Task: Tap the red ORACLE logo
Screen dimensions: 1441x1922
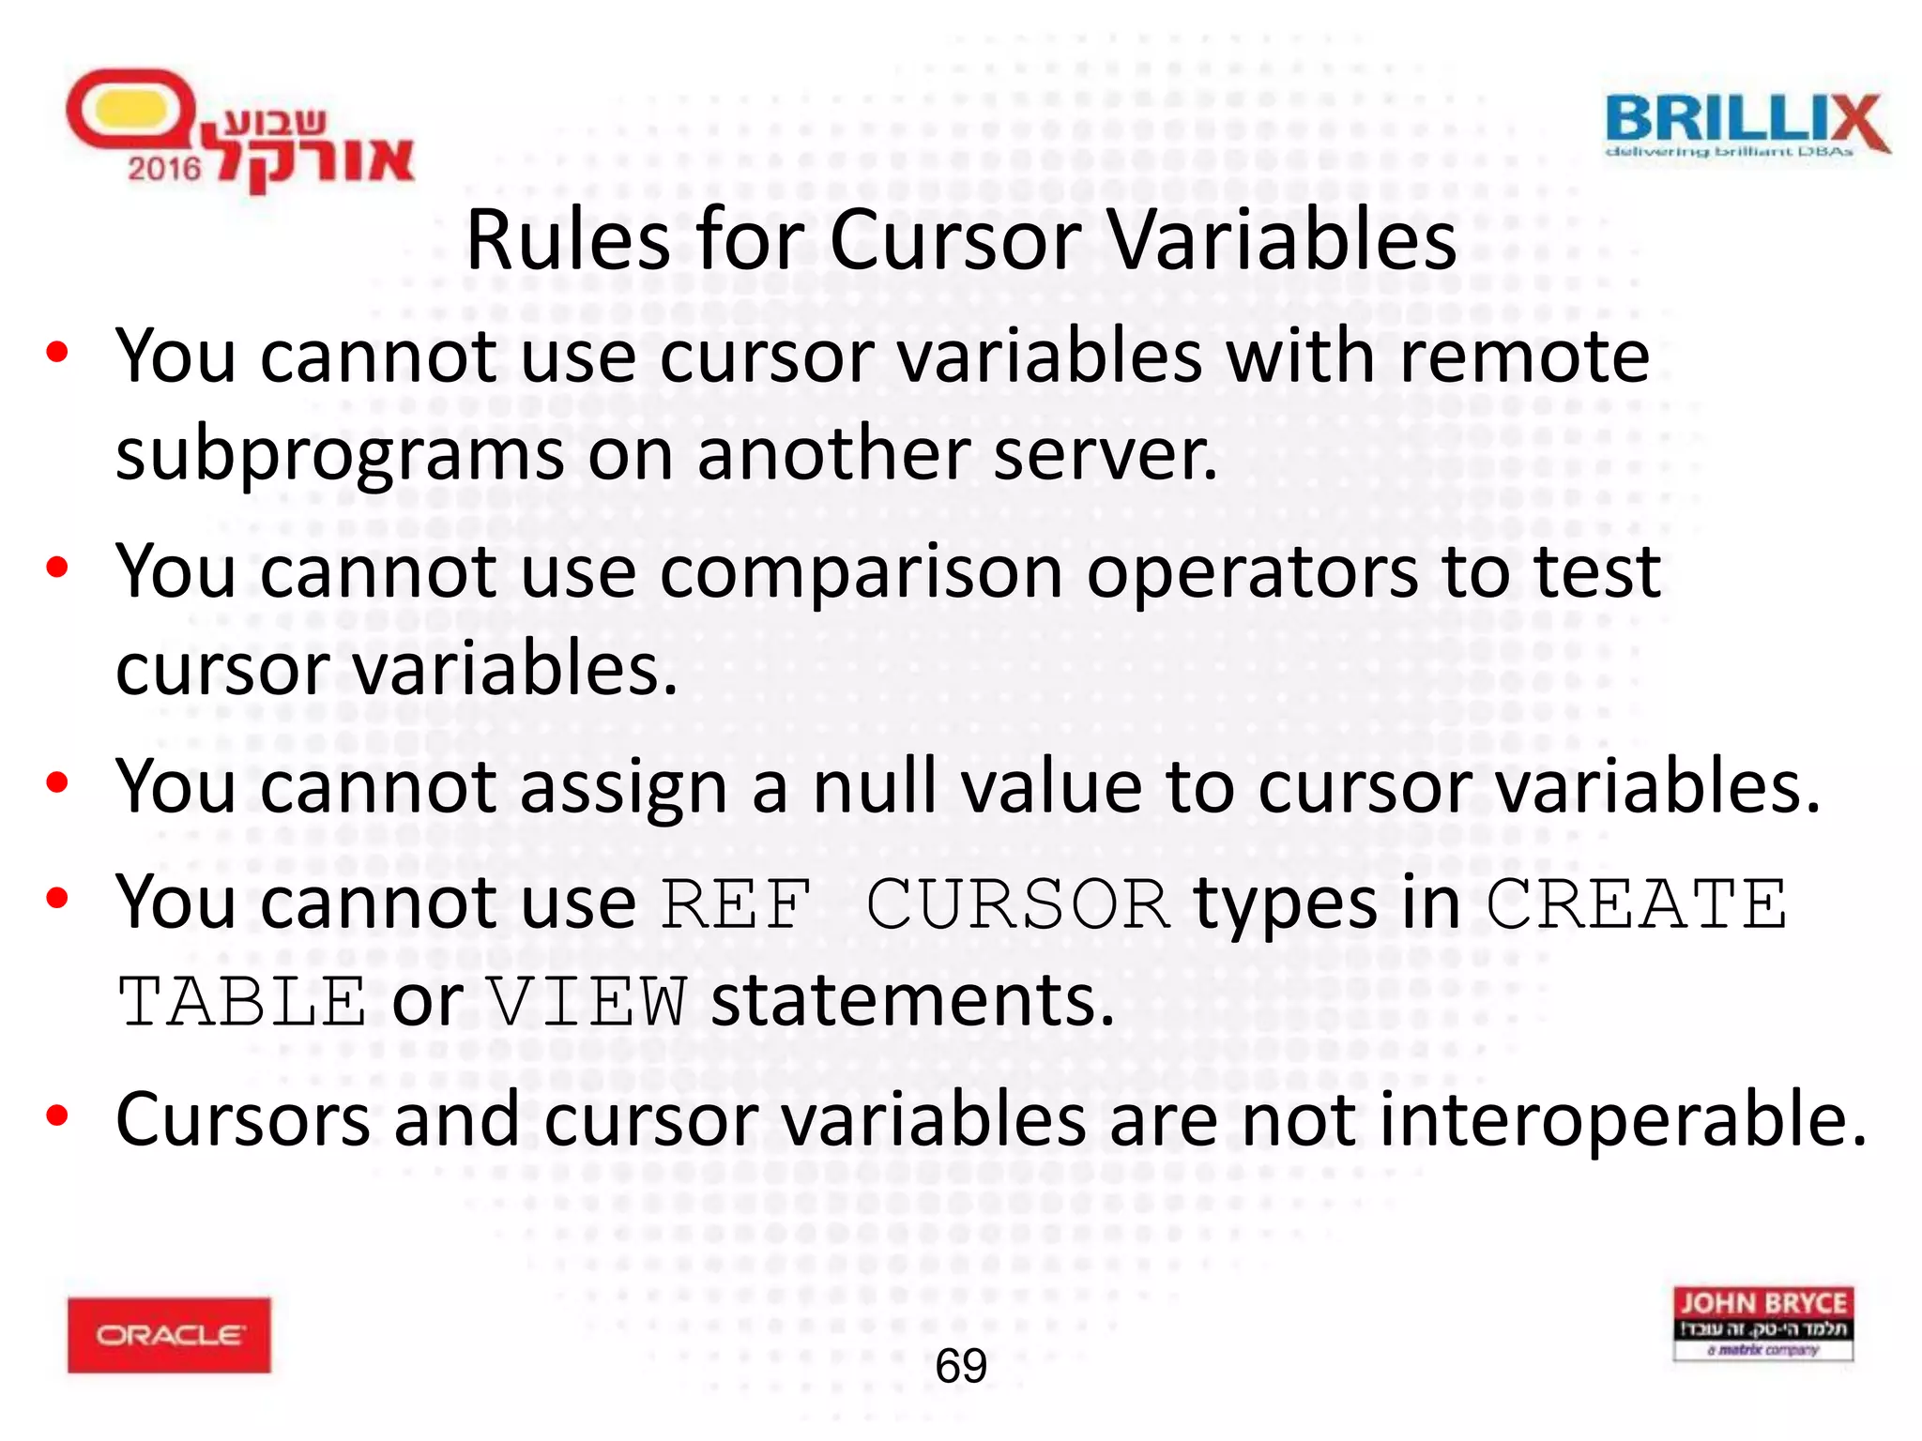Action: pos(169,1335)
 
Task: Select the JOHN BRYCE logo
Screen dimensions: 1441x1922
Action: pos(1762,1323)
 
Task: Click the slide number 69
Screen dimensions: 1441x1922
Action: pos(961,1366)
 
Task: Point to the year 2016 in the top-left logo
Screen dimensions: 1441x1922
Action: pos(164,169)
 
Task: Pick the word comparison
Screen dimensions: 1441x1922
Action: pos(861,572)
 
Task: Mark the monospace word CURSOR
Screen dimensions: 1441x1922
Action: pos(1016,904)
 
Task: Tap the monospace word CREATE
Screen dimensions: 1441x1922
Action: pos(1637,904)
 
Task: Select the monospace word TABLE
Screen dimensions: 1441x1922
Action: pos(241,1002)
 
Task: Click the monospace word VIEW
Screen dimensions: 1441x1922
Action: pos(588,1002)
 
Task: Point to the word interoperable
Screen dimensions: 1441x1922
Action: pos(1622,1120)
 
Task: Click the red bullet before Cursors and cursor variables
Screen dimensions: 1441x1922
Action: pos(57,1115)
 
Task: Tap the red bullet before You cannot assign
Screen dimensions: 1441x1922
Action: pos(57,782)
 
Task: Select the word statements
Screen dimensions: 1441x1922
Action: pos(912,1002)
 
